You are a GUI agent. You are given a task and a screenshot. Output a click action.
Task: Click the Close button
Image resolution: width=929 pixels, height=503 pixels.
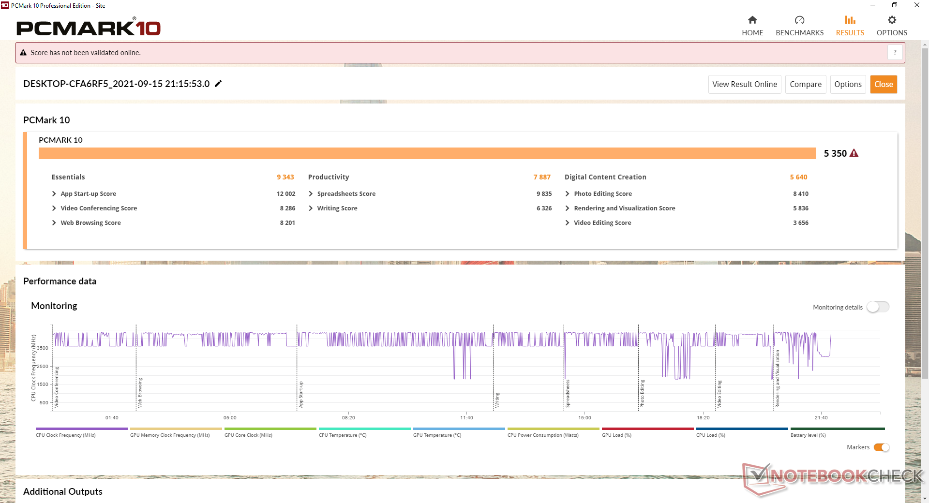(883, 84)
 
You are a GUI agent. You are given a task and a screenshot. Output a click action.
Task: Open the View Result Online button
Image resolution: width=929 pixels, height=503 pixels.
(744, 84)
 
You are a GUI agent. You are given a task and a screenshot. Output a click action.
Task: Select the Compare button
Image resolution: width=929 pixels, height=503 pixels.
(805, 84)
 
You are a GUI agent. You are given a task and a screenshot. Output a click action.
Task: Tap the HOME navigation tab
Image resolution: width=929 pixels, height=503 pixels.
(752, 26)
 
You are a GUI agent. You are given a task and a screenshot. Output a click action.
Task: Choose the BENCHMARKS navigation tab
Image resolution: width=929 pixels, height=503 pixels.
(799, 26)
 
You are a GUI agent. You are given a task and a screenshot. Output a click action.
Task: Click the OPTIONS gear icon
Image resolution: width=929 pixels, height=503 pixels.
(892, 20)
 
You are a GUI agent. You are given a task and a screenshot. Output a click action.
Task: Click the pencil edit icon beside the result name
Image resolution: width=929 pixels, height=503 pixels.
(218, 84)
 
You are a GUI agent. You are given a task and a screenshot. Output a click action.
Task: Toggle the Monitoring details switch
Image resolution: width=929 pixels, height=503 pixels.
(878, 307)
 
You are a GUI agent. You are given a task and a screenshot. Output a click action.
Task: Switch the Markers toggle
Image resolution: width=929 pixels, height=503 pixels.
(882, 447)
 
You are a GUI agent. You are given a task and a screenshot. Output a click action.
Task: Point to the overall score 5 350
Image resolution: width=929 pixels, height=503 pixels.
(835, 153)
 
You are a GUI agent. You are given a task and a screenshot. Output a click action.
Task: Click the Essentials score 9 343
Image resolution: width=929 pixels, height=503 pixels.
(285, 177)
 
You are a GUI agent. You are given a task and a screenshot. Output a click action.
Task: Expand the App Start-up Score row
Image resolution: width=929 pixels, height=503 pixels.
(54, 194)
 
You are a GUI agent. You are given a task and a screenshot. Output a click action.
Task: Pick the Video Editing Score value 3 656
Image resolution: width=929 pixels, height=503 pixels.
(801, 223)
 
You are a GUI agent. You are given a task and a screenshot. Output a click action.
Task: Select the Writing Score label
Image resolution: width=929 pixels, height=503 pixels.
(337, 208)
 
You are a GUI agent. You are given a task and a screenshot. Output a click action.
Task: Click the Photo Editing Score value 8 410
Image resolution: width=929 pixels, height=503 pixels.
(801, 194)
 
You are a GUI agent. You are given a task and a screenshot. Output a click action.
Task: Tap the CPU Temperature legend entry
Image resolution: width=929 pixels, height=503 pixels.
(343, 435)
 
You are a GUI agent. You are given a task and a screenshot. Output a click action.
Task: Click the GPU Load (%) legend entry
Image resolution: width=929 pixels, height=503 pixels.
(616, 435)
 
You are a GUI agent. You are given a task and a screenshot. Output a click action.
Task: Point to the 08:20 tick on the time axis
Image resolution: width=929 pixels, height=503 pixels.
(348, 417)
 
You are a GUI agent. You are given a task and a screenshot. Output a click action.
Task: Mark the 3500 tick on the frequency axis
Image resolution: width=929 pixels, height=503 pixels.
(43, 348)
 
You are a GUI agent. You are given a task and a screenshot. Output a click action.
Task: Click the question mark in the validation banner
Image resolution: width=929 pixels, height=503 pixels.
(895, 52)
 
